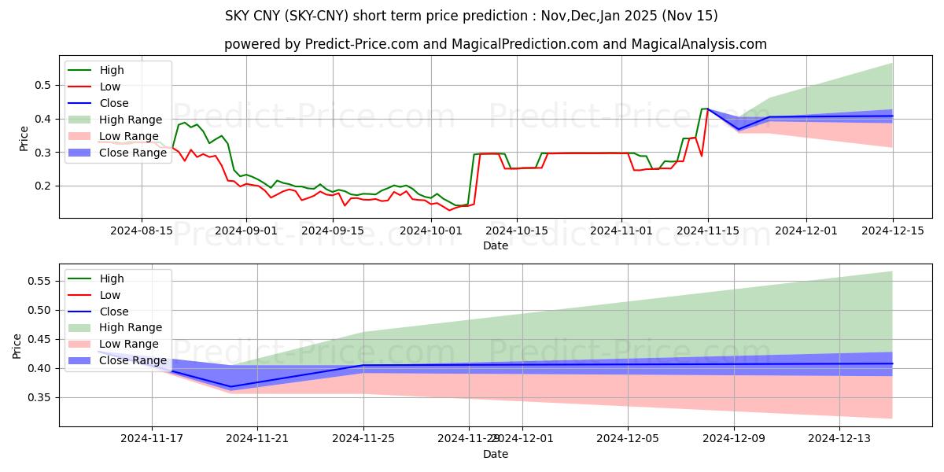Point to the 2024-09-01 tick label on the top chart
click(x=246, y=230)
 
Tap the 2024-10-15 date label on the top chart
click(x=516, y=230)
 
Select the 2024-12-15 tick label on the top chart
click(x=892, y=230)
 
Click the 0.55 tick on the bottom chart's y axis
click(x=40, y=281)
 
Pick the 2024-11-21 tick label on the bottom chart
click(x=258, y=439)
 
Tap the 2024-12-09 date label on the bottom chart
click(x=734, y=439)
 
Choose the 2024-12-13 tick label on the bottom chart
click(x=840, y=439)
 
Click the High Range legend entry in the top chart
click(x=131, y=120)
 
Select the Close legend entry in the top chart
click(x=114, y=103)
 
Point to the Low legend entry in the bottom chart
click(x=110, y=295)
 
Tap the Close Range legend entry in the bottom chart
click(x=133, y=360)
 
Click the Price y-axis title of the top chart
click(x=24, y=136)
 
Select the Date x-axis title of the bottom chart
click(x=496, y=454)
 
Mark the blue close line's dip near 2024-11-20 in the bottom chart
click(x=231, y=386)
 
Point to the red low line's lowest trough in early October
click(x=450, y=210)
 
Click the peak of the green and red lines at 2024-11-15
click(x=707, y=109)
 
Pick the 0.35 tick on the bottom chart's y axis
click(x=40, y=397)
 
